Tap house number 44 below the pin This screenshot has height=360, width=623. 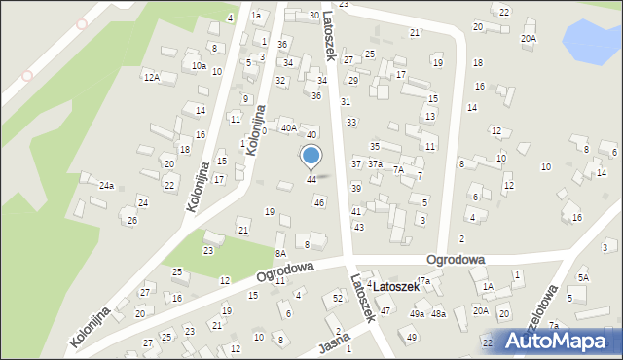click(x=311, y=179)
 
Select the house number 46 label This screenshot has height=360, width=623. click(x=319, y=202)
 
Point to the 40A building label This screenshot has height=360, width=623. click(x=289, y=127)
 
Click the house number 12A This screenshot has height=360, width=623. click(x=151, y=77)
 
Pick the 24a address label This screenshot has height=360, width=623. click(x=107, y=185)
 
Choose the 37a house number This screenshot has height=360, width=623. click(x=375, y=163)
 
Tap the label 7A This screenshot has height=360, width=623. click(x=398, y=169)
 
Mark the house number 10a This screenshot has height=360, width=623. click(x=199, y=65)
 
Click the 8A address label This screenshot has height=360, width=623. click(x=280, y=252)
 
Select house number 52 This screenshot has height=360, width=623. click(x=338, y=297)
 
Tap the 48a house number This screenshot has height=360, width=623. click(x=439, y=314)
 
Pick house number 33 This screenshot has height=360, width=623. click(x=350, y=122)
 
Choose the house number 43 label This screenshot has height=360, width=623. click(x=358, y=227)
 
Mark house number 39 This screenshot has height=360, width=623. click(x=356, y=188)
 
